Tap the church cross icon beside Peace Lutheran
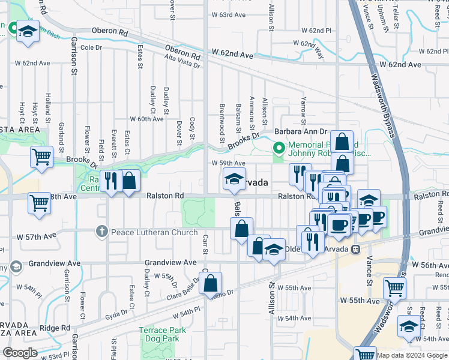tap(101, 232)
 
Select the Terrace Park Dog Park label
tap(159, 334)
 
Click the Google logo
tap(20, 353)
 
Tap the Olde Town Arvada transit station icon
tap(355, 249)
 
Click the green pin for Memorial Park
tap(279, 146)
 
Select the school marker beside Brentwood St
tap(234, 178)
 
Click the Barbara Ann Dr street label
tap(301, 131)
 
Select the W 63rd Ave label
tap(228, 16)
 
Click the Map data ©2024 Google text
tap(411, 355)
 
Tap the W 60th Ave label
tap(146, 119)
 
